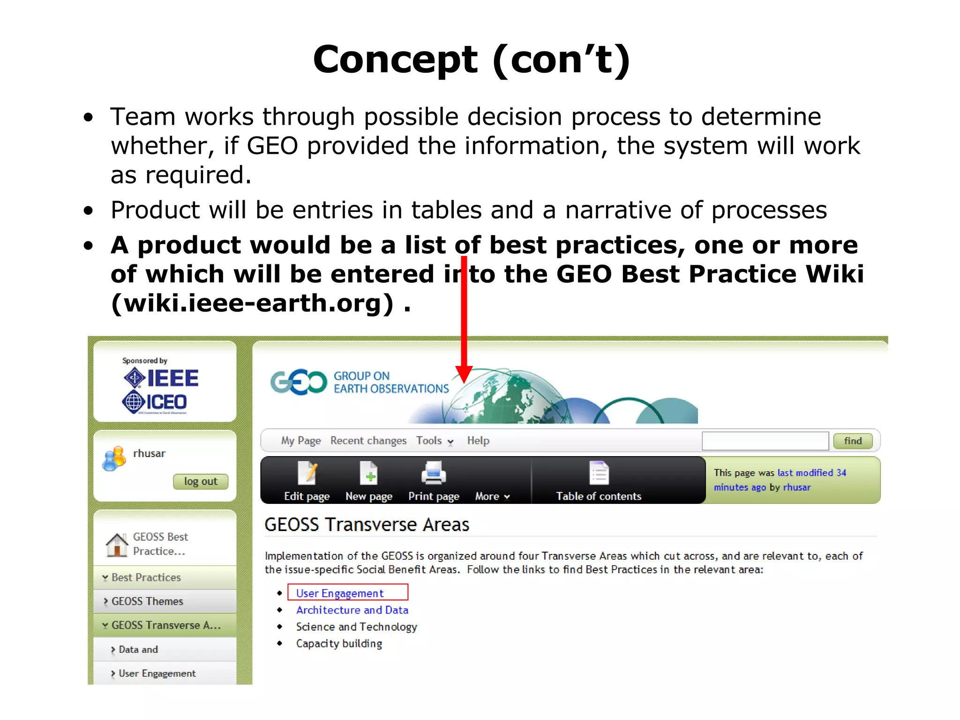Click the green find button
pyautogui.click(x=852, y=441)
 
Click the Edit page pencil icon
pyautogui.click(x=307, y=473)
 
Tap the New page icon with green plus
pyautogui.click(x=368, y=473)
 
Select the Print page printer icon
pyautogui.click(x=433, y=473)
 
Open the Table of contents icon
pyautogui.click(x=599, y=473)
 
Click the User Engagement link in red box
pyautogui.click(x=339, y=593)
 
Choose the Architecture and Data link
pyautogui.click(x=352, y=610)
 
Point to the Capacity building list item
pyautogui.click(x=339, y=644)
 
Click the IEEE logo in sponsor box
pyautogui.click(x=161, y=378)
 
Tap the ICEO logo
pyautogui.click(x=155, y=402)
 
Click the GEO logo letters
pyautogui.click(x=298, y=382)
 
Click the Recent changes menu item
pyautogui.click(x=368, y=441)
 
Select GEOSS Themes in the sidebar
pyautogui.click(x=147, y=601)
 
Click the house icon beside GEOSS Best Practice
pyautogui.click(x=117, y=545)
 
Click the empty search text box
pyautogui.click(x=765, y=441)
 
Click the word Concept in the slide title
pyautogui.click(x=395, y=60)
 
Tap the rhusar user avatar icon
pyautogui.click(x=114, y=458)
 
